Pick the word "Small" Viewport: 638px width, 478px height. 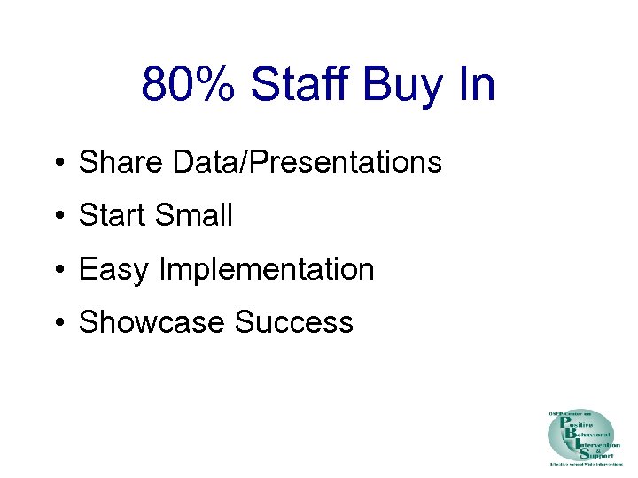click(195, 215)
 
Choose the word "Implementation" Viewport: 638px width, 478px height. click(266, 269)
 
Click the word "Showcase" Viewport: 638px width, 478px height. click(152, 322)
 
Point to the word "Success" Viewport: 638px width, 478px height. click(294, 322)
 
